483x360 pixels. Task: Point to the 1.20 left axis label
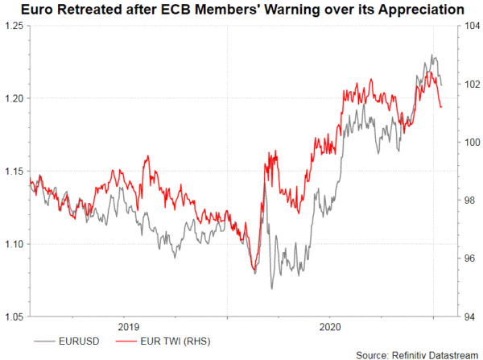[14, 98]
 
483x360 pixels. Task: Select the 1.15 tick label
[14, 172]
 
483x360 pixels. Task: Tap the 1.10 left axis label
[14, 244]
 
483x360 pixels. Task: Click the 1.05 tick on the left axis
[14, 317]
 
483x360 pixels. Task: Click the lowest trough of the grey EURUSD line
[271, 288]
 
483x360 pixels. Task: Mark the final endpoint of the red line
[440, 107]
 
